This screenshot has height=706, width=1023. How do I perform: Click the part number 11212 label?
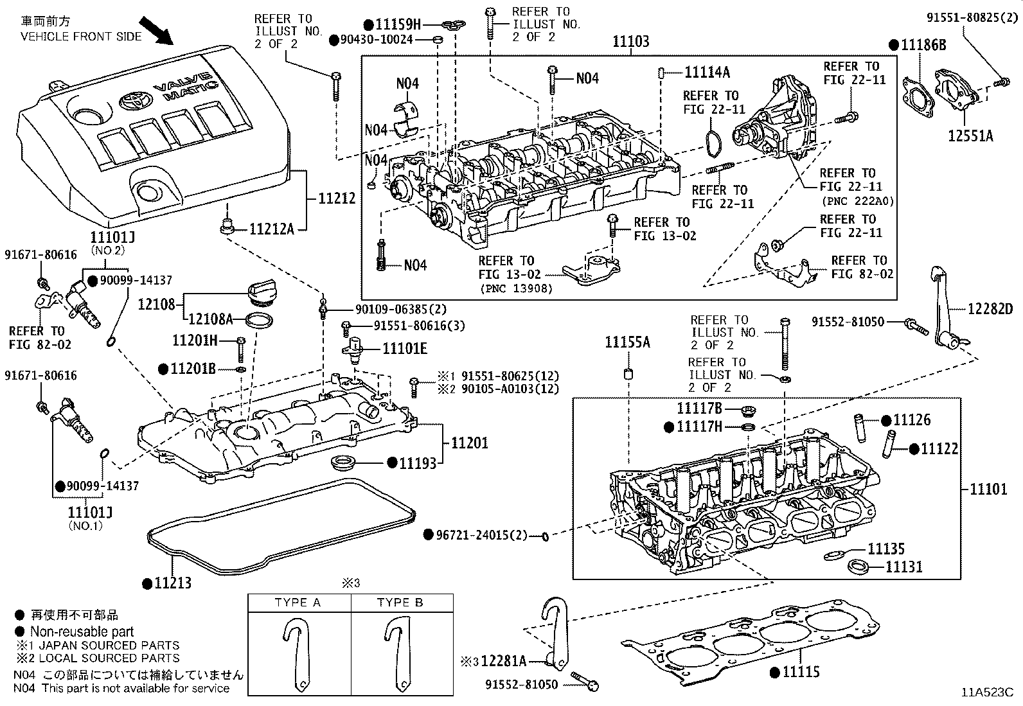point(337,199)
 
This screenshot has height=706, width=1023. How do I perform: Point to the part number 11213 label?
point(173,583)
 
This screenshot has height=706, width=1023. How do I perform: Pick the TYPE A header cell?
point(298,603)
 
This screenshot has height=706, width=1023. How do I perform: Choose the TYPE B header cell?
point(400,603)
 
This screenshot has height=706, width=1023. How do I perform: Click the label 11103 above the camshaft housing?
point(630,42)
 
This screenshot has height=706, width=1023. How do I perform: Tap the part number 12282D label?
point(990,309)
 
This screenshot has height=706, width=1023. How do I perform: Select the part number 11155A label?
point(627,342)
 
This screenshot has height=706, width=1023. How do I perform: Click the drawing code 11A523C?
point(987,693)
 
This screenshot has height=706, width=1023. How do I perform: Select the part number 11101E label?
point(405,349)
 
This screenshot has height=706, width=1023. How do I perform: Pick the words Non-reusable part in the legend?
point(82,632)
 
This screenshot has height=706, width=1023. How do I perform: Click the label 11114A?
point(707,72)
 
